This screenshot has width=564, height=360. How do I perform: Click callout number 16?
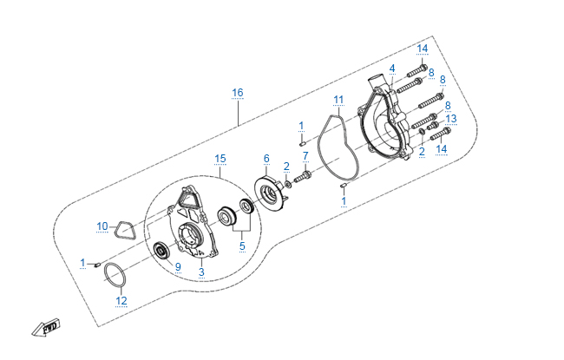(237, 92)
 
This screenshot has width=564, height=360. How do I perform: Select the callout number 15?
(220, 158)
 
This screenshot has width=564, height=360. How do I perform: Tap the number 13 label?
(450, 118)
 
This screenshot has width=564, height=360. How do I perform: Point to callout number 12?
(121, 301)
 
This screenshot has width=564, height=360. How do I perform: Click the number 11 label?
(338, 99)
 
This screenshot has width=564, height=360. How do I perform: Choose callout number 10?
(102, 226)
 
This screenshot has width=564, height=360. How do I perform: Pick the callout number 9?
(177, 266)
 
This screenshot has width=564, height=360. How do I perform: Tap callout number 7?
(305, 155)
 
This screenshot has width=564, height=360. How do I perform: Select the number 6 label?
(266, 158)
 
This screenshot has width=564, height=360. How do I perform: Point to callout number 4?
(392, 68)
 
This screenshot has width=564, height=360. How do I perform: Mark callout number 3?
(201, 272)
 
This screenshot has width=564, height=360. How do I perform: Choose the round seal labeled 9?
(161, 252)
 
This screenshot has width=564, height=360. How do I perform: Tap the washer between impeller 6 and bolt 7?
(287, 184)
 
